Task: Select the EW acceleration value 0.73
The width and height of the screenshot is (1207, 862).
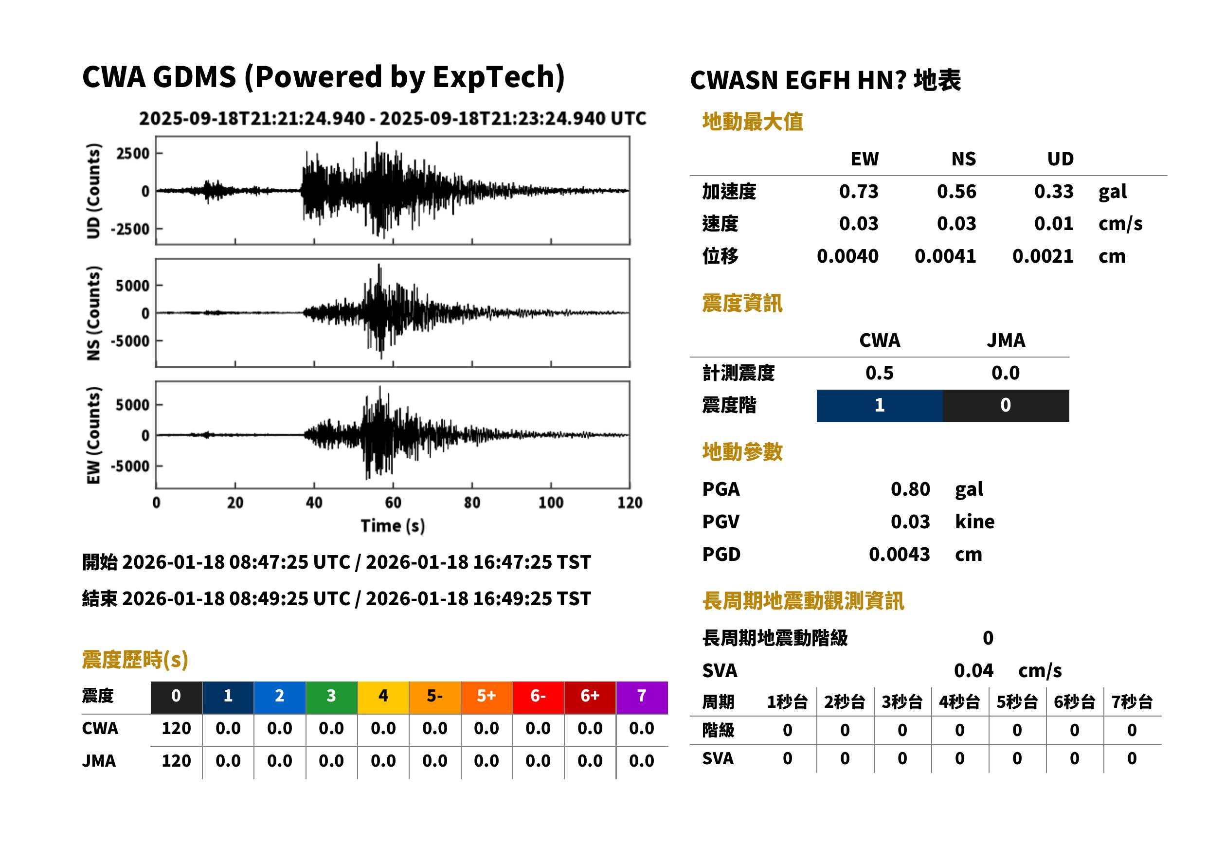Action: (x=858, y=191)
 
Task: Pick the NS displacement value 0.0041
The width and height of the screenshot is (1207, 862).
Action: (x=945, y=256)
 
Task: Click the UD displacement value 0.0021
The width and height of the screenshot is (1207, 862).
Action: (x=1043, y=256)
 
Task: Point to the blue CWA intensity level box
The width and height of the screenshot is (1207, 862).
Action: (x=879, y=406)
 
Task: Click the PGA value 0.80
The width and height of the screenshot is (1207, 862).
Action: (x=910, y=489)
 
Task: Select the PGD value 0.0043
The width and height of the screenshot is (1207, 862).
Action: (x=899, y=554)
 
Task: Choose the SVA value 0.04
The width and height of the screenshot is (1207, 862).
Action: (x=973, y=670)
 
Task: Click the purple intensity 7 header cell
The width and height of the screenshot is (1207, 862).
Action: (x=642, y=697)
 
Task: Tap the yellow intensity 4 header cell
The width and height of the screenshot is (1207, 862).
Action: (x=383, y=697)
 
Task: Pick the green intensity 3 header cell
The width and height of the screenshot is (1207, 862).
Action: (x=331, y=697)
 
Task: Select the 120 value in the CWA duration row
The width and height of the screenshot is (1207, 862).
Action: (x=176, y=728)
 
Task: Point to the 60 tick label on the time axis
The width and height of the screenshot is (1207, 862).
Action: (x=393, y=503)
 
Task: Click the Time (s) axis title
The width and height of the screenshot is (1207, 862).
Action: (x=393, y=525)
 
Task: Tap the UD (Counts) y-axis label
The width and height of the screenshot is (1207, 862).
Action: (x=93, y=191)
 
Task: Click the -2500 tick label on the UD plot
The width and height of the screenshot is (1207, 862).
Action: (x=130, y=229)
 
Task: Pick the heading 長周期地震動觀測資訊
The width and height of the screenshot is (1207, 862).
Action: (x=803, y=601)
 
